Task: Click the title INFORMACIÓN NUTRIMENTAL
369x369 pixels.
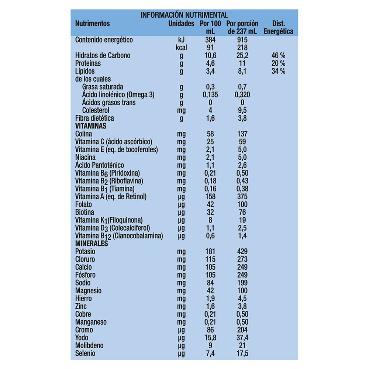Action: [x=184, y=15]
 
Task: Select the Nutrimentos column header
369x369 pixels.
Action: [x=92, y=24]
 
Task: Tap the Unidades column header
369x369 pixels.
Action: [x=181, y=24]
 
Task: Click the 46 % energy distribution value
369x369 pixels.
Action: [x=279, y=56]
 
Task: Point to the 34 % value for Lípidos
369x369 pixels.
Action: [x=279, y=71]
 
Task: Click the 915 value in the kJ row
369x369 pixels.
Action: [x=242, y=40]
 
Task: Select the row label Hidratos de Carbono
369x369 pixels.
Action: [x=103, y=56]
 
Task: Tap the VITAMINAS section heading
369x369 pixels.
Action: [x=91, y=126]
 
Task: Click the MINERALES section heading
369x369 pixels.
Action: [x=92, y=244]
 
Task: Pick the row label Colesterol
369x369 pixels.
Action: [x=96, y=110]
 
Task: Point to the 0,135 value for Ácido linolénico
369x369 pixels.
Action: [x=210, y=95]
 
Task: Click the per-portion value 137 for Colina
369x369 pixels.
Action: [x=242, y=134]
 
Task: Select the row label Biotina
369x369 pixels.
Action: [x=85, y=212]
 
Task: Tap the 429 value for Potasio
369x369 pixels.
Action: [x=242, y=252]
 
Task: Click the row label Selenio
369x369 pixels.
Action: [x=85, y=354]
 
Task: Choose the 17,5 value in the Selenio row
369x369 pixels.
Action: [x=242, y=354]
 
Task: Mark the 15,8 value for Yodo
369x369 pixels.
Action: [x=210, y=338]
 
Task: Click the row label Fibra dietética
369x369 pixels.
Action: [x=94, y=118]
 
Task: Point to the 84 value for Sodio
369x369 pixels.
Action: [x=210, y=283]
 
